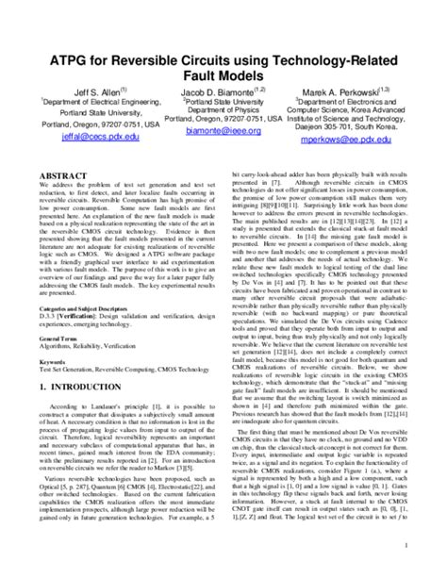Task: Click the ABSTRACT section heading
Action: pyautogui.click(x=62, y=176)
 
